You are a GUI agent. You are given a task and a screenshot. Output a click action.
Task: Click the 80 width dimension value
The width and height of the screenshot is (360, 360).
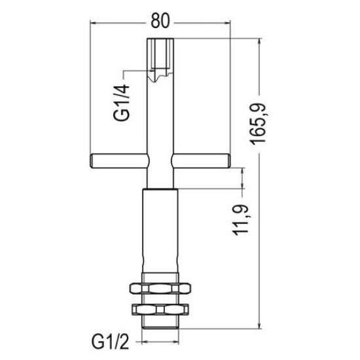click(160, 20)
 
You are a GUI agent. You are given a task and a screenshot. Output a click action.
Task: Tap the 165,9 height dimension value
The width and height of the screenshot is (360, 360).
click(258, 124)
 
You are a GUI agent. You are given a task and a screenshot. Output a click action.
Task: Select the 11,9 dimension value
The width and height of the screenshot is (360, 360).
click(241, 220)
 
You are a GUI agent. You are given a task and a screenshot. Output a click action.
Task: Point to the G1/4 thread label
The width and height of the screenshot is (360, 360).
click(121, 102)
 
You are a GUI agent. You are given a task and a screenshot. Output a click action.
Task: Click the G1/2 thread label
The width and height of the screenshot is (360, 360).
click(111, 343)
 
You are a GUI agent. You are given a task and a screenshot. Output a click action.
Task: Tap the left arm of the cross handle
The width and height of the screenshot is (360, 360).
click(118, 161)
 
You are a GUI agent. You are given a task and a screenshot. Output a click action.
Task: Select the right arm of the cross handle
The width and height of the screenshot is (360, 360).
click(201, 161)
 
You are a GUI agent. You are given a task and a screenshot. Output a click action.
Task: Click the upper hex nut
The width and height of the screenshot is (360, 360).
click(160, 288)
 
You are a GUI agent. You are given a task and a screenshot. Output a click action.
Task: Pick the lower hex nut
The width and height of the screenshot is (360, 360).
click(160, 309)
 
